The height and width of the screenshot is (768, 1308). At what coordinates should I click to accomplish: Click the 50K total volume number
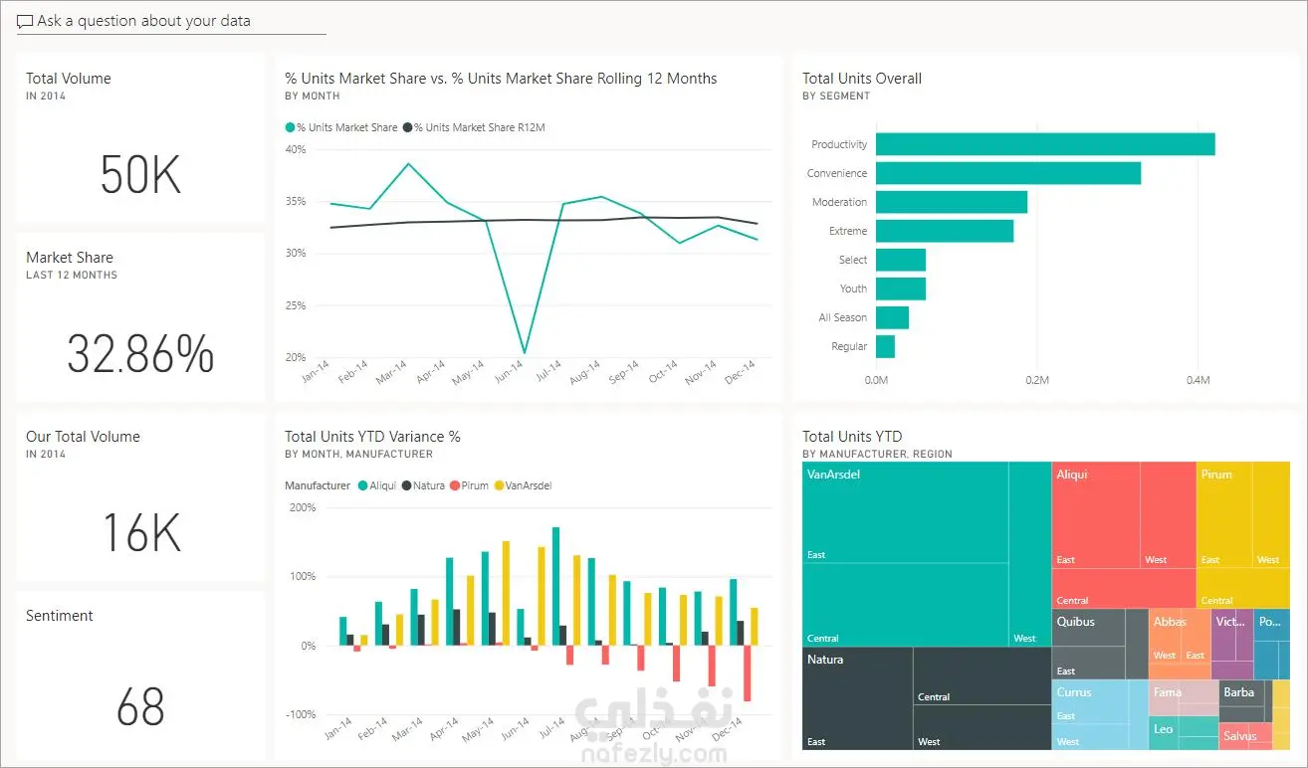(140, 174)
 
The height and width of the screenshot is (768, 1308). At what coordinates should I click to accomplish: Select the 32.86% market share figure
(140, 353)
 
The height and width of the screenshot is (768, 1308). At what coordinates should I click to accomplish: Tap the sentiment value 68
(140, 706)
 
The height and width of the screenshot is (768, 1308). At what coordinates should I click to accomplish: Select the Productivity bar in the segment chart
(1045, 144)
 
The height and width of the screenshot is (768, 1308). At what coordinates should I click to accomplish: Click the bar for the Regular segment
(885, 346)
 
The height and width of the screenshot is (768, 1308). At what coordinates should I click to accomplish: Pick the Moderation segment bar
(952, 202)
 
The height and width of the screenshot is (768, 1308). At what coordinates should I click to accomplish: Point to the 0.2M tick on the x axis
(1037, 380)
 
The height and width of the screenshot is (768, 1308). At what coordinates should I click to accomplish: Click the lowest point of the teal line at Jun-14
(525, 352)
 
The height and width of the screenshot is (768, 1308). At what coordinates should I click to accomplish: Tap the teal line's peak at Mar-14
(408, 164)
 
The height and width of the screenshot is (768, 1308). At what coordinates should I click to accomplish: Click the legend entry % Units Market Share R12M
(474, 127)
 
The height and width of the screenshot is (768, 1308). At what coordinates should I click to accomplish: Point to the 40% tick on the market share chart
(296, 149)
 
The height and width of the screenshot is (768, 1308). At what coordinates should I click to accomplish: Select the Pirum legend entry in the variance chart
(470, 485)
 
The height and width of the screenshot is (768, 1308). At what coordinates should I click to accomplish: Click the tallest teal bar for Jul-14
(555, 586)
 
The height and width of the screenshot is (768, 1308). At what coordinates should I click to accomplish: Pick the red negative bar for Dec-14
(747, 672)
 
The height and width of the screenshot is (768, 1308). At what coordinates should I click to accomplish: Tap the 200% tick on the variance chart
(303, 507)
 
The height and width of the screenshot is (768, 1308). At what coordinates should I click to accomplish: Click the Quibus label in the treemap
(1076, 622)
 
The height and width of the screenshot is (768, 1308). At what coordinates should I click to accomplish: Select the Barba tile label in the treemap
(1238, 692)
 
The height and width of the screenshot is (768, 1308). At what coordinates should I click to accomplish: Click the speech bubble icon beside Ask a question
(25, 22)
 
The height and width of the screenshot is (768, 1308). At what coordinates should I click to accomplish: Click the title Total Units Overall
(862, 79)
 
